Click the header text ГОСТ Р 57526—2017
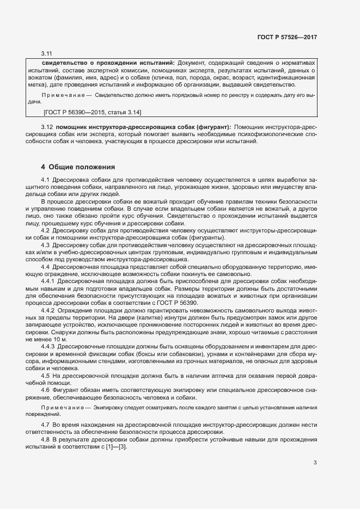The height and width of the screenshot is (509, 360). (287, 37)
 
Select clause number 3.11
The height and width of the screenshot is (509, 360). (46, 53)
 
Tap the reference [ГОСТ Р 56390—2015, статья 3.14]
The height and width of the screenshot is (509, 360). (91, 112)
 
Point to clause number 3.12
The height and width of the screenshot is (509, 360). (47, 127)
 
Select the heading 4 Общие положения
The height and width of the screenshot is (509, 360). (78, 167)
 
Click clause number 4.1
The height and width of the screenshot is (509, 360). (46, 179)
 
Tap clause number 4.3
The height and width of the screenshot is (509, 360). (46, 245)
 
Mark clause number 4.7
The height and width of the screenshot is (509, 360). (46, 424)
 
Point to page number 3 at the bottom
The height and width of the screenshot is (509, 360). (315, 463)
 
